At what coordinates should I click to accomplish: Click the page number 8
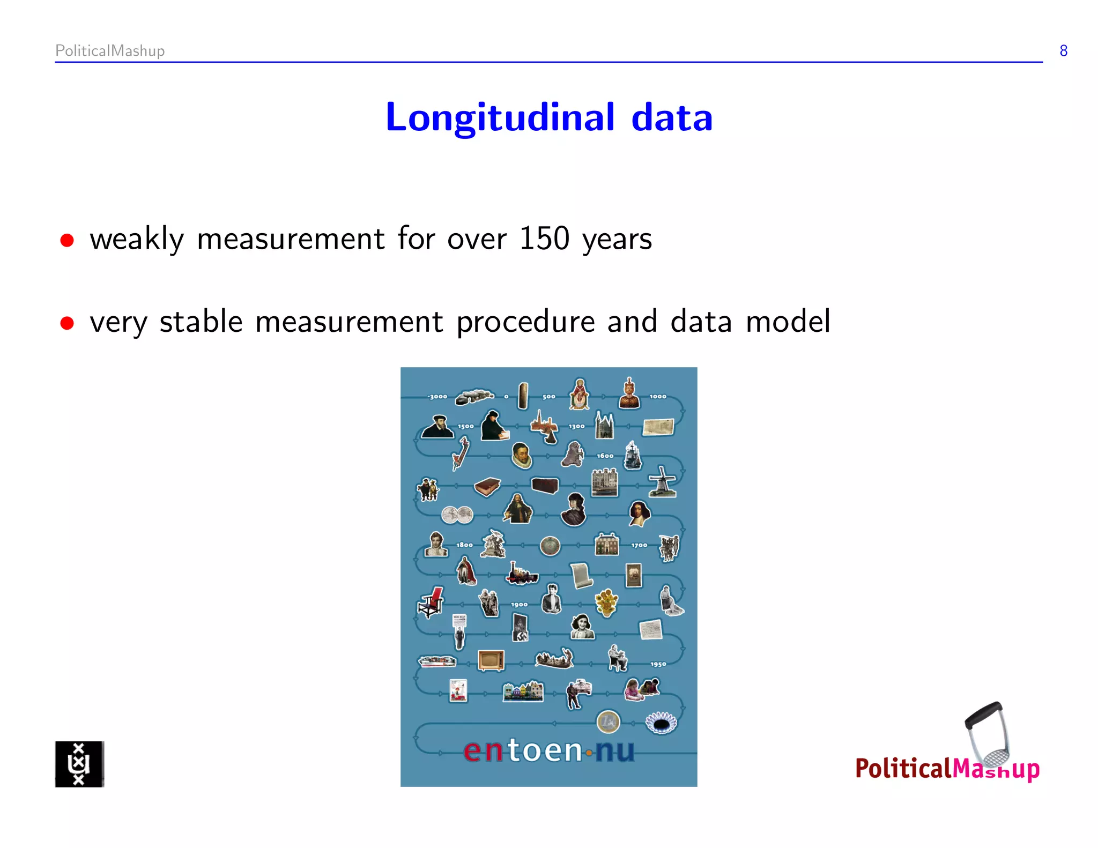(1063, 51)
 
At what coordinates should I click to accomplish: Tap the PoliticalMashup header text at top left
(110, 51)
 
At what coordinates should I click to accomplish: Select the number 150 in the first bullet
(544, 239)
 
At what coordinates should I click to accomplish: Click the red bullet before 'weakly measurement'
(67, 241)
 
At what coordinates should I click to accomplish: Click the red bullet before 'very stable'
(67, 324)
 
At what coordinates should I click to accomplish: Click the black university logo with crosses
(79, 764)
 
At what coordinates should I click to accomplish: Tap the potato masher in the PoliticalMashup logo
(988, 734)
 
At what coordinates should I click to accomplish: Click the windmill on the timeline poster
(663, 481)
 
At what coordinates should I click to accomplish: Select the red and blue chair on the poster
(431, 601)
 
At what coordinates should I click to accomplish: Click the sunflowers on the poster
(606, 602)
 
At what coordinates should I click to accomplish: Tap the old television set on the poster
(491, 660)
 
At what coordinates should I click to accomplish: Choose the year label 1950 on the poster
(658, 664)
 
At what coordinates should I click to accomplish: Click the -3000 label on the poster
(437, 397)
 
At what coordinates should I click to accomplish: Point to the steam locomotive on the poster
(522, 574)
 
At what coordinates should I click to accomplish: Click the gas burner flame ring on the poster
(661, 723)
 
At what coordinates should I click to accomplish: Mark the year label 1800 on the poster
(464, 545)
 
